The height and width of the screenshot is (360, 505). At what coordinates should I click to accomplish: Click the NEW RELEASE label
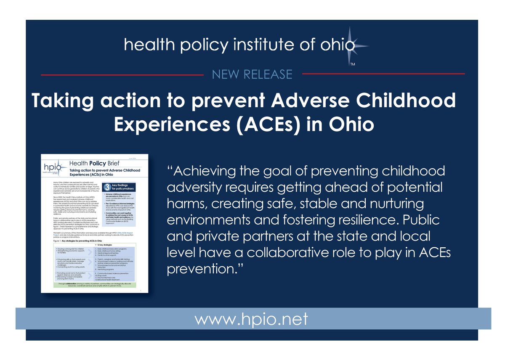pos(252,74)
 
